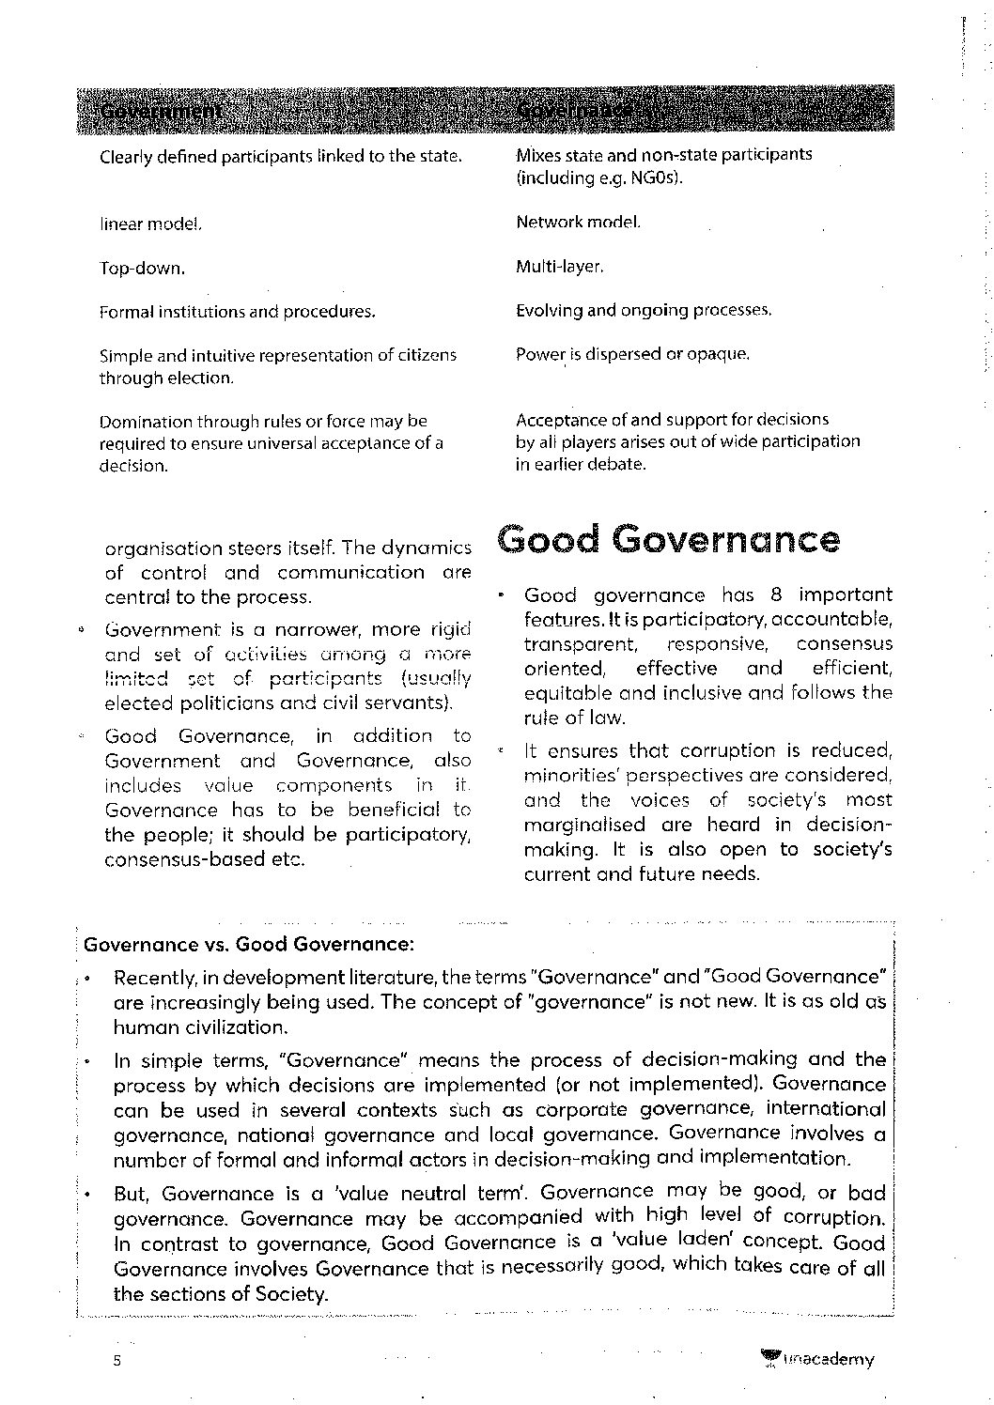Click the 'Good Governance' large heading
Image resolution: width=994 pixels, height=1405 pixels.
(x=668, y=540)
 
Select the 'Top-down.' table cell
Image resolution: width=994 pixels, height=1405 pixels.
(x=142, y=269)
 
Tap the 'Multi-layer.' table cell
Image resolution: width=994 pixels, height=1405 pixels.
(x=559, y=267)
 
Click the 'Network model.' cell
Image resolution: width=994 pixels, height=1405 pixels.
(x=578, y=223)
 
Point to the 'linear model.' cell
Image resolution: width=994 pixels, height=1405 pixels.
(x=150, y=224)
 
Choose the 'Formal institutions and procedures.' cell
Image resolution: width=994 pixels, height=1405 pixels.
(x=237, y=312)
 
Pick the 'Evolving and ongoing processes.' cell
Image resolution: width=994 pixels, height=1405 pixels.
(x=644, y=310)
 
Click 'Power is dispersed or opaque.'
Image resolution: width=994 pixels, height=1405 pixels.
(x=632, y=355)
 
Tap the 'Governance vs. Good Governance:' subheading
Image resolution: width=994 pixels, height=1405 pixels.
(x=249, y=943)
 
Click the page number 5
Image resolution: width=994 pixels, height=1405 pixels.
(x=118, y=1363)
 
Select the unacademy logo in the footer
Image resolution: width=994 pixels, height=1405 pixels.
(x=817, y=1359)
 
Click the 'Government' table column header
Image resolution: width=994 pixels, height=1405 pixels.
(x=161, y=112)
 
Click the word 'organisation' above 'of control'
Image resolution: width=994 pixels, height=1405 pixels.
(x=163, y=548)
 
